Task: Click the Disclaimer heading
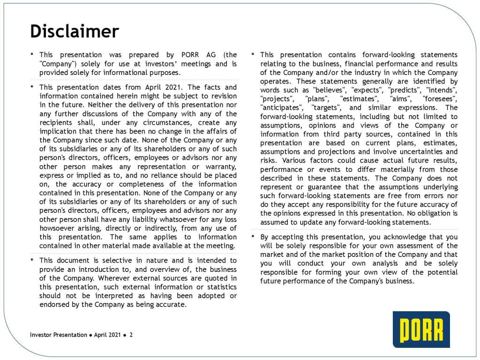75,31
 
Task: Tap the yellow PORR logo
421,329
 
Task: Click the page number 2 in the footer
131,335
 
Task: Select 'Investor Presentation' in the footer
58,335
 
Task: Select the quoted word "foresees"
440,99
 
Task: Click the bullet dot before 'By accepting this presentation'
253,236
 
